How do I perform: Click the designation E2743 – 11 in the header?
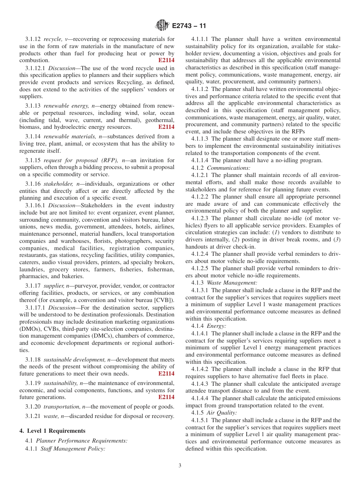tap(189, 26)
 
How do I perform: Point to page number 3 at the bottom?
tap(180, 466)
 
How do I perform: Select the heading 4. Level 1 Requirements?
tap(52, 431)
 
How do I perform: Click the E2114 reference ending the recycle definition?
tap(166, 61)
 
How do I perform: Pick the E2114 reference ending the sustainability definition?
tap(166, 397)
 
